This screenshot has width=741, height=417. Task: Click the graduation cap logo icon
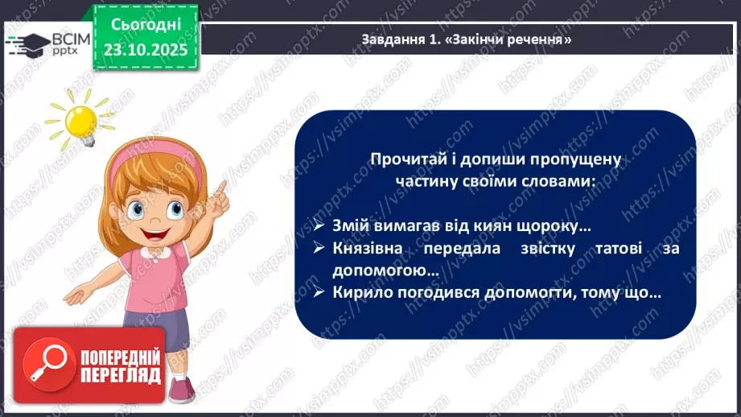point(24,41)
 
